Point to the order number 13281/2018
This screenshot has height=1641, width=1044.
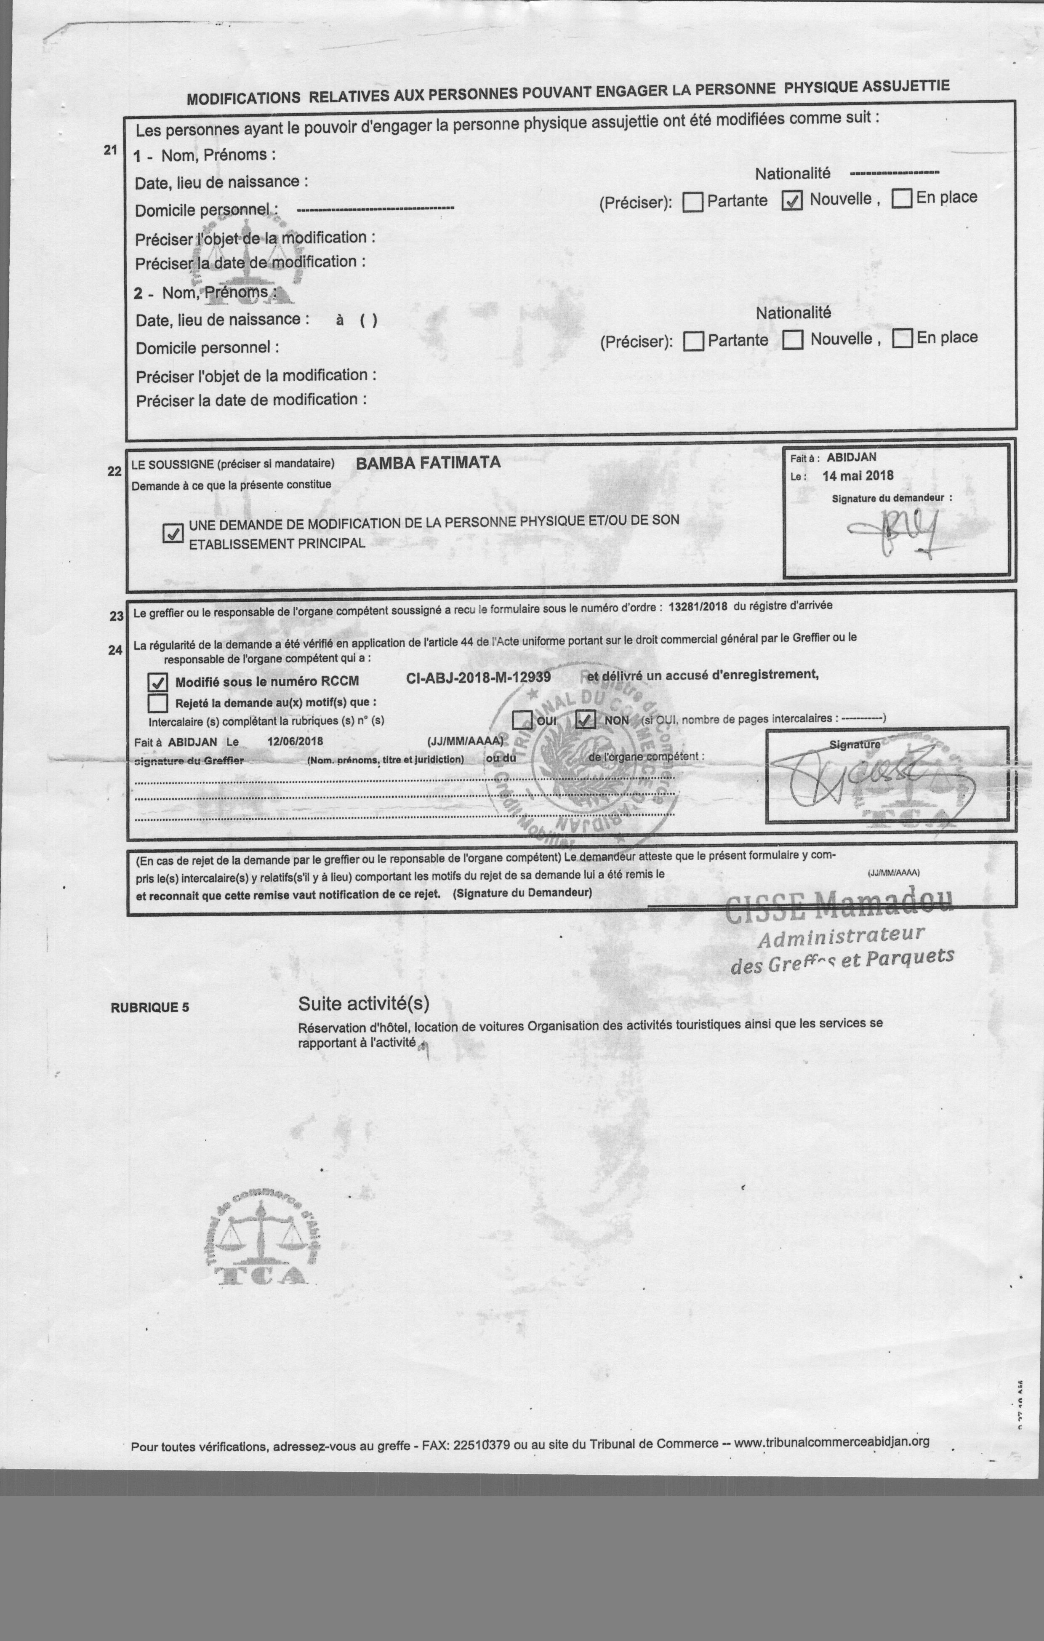pos(698,606)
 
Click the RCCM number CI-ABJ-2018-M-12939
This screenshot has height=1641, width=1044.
pos(478,678)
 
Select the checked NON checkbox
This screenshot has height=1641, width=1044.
pos(586,720)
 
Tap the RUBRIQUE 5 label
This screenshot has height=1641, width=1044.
pos(149,1007)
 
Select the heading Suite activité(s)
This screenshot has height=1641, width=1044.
pos(364,1003)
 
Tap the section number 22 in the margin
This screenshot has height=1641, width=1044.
pos(115,471)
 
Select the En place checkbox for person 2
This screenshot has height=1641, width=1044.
pos(902,338)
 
